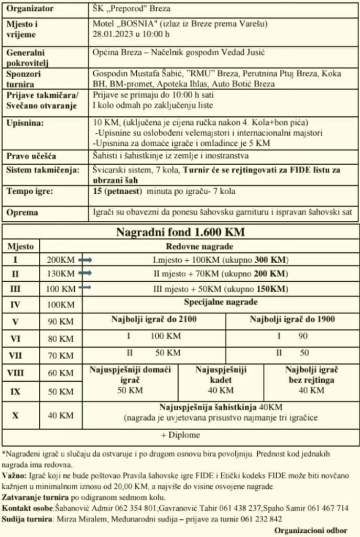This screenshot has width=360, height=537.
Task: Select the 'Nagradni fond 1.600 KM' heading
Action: click(x=180, y=232)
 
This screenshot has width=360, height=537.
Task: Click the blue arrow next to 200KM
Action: click(x=85, y=260)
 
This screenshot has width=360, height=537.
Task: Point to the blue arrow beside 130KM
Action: click(x=85, y=273)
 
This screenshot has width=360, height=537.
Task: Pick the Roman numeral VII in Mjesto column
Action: click(x=15, y=355)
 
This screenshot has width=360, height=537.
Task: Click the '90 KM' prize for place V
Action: click(x=60, y=321)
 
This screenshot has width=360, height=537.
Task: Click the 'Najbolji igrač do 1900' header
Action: click(x=292, y=318)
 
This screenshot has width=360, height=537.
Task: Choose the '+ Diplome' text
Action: click(x=180, y=435)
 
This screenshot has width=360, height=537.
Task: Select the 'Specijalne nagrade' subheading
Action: click(x=220, y=302)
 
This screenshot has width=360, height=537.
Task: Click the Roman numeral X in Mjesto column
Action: click(x=15, y=415)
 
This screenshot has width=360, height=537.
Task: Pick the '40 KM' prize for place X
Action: click(x=60, y=415)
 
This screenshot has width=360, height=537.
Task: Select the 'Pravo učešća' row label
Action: click(x=31, y=156)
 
